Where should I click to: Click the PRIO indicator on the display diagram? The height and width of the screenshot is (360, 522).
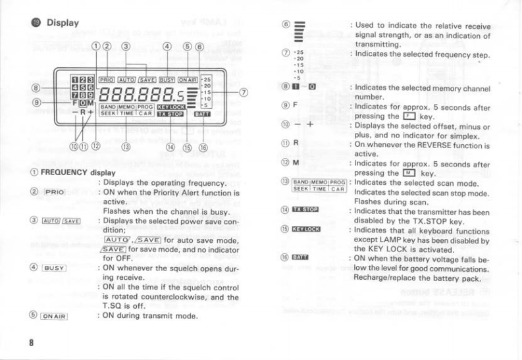107,79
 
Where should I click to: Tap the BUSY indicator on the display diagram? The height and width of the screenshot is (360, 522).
167,79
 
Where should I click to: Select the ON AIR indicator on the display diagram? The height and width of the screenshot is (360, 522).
188,79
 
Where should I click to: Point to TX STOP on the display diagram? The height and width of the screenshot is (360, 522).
170,114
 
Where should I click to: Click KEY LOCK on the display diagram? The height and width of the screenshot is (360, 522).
170,106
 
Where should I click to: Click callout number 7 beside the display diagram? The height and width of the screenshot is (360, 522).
244,93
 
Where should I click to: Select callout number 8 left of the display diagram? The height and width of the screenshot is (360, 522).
36,87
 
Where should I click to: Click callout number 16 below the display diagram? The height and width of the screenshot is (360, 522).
203,147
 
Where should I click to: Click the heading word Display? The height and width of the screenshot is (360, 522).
63,23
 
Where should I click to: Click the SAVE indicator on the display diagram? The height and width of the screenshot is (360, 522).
147,79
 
